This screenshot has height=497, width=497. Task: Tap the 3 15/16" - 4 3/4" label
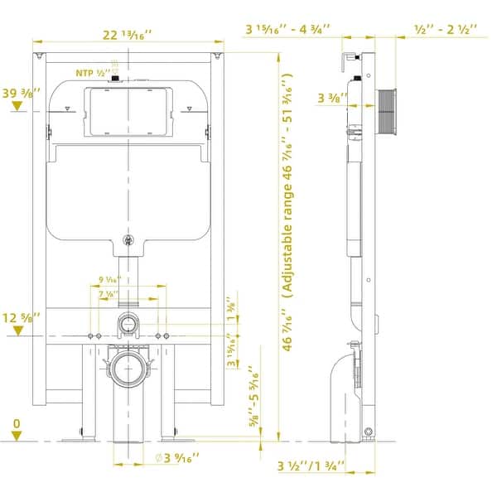[287, 29]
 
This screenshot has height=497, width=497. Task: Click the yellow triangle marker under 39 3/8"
[16, 108]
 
